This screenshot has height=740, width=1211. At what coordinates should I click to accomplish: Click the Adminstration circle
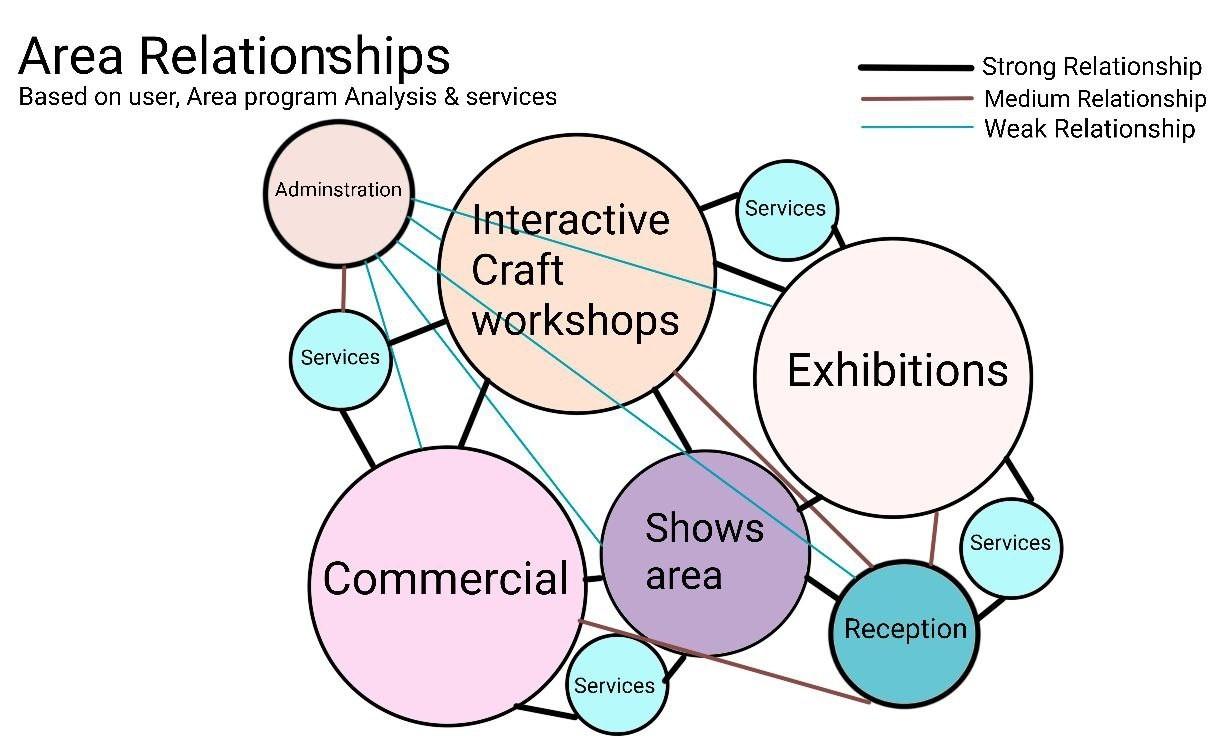[339, 189]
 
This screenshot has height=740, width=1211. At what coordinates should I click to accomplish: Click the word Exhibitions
[897, 371]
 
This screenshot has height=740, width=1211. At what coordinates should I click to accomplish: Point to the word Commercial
[445, 579]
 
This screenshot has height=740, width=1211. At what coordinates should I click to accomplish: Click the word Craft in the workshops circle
[518, 270]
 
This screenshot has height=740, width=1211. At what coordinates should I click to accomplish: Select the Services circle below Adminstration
[340, 358]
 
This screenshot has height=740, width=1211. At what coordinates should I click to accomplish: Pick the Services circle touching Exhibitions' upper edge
[786, 209]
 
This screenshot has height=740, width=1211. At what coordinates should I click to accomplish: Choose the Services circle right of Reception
[1010, 544]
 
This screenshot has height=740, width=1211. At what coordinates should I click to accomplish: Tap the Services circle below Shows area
[615, 686]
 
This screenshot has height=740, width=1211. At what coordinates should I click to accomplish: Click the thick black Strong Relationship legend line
[915, 68]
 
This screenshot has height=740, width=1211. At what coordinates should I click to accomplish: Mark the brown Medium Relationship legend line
[915, 99]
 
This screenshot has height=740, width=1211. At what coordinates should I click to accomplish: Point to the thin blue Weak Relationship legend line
[915, 128]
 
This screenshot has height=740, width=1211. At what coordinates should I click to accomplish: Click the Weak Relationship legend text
[1089, 129]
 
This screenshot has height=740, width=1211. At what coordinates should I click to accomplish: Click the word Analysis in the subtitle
[379, 97]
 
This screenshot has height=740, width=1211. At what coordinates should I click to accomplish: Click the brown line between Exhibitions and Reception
[934, 540]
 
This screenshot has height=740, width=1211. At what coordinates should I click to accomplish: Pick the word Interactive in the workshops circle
[570, 219]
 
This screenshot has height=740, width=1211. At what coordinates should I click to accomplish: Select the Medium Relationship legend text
[1094, 99]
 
